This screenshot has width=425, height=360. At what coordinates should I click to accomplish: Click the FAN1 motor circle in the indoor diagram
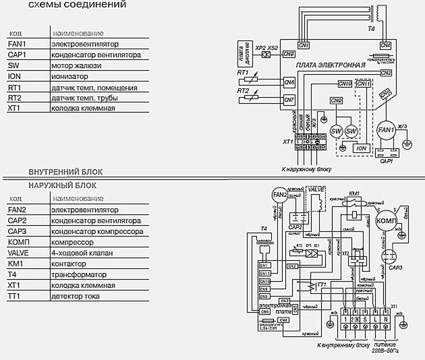(386, 130)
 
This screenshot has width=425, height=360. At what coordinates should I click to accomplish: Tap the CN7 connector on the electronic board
(289, 99)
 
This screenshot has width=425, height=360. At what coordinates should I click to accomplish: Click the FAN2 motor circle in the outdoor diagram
(279, 195)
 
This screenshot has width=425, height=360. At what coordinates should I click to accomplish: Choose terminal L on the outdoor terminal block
(376, 318)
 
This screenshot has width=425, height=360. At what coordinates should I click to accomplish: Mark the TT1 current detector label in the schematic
(321, 284)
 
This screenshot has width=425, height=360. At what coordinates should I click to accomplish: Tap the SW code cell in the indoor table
(13, 65)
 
